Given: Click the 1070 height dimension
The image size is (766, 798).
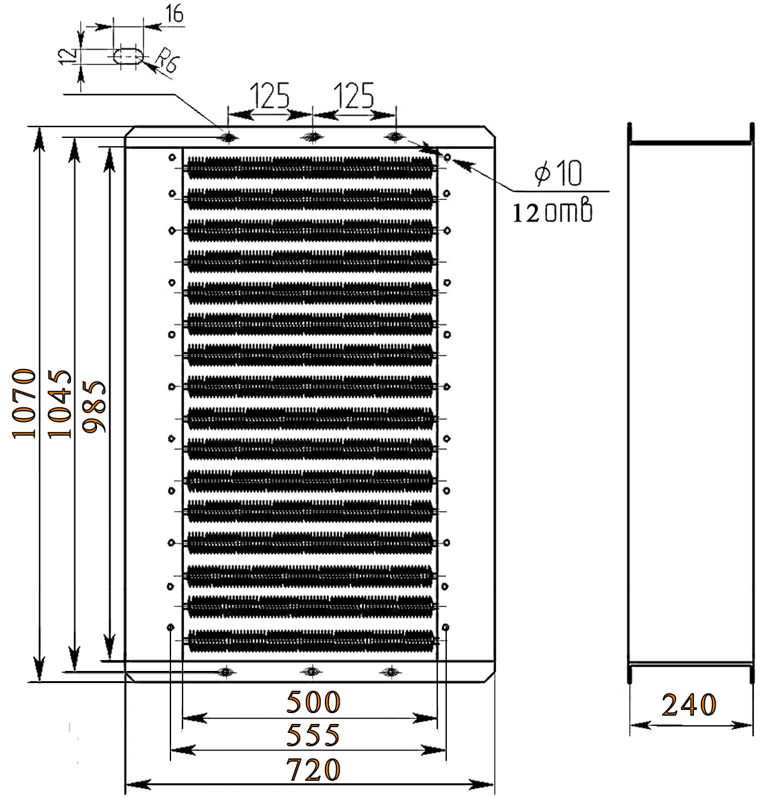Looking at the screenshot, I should (x=24, y=403).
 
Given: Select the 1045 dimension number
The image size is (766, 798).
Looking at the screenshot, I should (x=60, y=403).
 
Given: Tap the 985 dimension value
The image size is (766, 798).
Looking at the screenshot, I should (x=95, y=407).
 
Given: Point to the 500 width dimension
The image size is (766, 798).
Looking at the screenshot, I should (x=313, y=702).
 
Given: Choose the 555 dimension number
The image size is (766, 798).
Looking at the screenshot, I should (x=313, y=735).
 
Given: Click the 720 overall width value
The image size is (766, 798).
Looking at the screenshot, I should (x=313, y=770).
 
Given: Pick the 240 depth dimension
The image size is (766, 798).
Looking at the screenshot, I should (x=689, y=705).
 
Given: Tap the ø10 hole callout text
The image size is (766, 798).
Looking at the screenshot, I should (x=559, y=173).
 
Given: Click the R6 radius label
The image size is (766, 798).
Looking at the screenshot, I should (x=167, y=63).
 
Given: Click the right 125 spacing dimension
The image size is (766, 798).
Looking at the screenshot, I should (x=353, y=96).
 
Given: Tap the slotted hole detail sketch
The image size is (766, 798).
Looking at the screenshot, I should (x=128, y=56).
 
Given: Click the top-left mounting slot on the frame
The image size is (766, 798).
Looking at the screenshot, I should (x=227, y=137).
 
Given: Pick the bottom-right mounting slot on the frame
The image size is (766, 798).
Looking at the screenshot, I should (x=391, y=671).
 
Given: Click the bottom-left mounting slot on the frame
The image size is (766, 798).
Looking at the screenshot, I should (x=226, y=671).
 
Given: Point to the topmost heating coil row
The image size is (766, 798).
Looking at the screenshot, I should (x=311, y=167).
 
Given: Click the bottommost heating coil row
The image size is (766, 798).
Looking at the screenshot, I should (x=311, y=639).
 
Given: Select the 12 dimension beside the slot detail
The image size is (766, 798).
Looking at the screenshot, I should (x=64, y=56).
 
